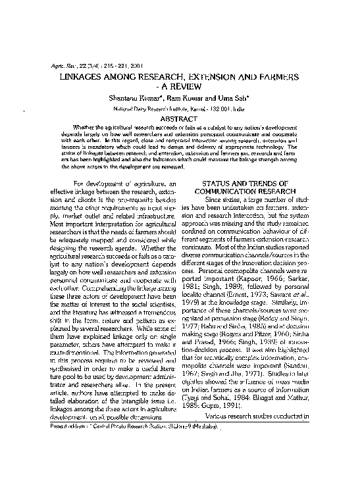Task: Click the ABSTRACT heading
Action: click(180, 118)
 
